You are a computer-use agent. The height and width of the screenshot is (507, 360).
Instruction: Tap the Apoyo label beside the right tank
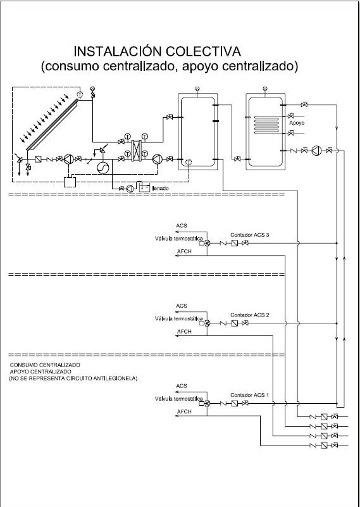[x=297, y=123]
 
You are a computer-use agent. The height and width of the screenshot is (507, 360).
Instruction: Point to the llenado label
[x=159, y=188]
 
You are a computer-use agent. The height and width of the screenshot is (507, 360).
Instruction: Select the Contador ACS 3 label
[x=249, y=235]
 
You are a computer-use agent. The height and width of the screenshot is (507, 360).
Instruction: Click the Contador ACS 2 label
[x=249, y=315]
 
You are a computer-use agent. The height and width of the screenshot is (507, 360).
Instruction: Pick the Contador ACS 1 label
[x=249, y=395]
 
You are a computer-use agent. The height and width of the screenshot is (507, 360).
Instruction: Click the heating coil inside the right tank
[x=266, y=125]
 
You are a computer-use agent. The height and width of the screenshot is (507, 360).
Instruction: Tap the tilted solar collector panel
[x=53, y=125]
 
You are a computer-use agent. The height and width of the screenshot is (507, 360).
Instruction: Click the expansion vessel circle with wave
[x=103, y=168]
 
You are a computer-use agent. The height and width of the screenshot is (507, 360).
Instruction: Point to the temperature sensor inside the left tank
[x=189, y=161]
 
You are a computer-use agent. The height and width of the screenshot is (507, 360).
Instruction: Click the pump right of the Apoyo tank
[x=316, y=151]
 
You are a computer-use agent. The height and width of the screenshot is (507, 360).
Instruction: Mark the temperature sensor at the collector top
[x=80, y=94]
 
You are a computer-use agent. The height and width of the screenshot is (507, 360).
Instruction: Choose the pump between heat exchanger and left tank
[x=158, y=159]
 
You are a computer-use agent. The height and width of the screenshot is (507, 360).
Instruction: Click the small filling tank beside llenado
[x=144, y=187]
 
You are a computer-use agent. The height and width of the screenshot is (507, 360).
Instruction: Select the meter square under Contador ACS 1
[x=235, y=403]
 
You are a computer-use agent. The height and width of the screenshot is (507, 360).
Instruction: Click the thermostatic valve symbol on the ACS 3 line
[x=207, y=243]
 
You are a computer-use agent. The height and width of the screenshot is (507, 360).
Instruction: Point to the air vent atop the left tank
[x=197, y=88]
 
